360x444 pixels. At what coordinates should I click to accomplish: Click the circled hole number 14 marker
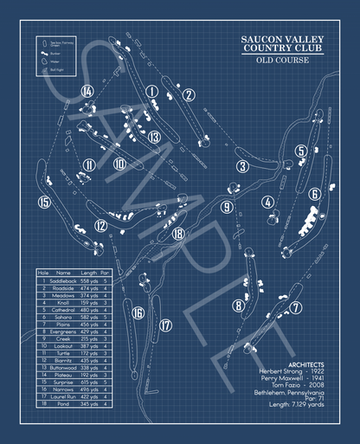(x=87, y=90)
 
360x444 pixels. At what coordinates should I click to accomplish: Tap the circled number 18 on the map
(x=178, y=233)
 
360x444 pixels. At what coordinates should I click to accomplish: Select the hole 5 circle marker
(x=300, y=151)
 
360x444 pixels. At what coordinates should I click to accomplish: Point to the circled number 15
(x=44, y=203)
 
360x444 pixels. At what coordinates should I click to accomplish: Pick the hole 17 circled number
(x=166, y=325)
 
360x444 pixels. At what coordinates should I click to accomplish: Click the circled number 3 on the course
(x=244, y=166)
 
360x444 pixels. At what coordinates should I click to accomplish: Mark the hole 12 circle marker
(x=101, y=226)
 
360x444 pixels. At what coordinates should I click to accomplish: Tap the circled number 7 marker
(x=296, y=307)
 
